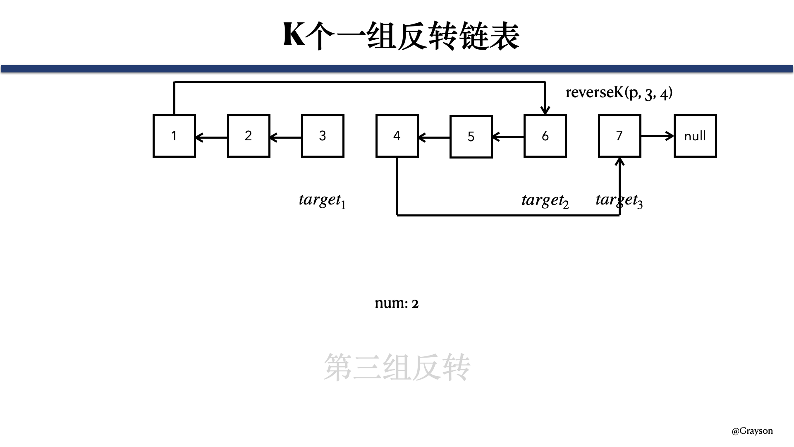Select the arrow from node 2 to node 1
(x=211, y=137)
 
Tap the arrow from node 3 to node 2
(x=285, y=137)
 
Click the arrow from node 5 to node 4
(x=434, y=137)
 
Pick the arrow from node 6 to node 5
(x=508, y=137)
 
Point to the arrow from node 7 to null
(x=658, y=135)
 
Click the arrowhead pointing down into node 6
(x=545, y=110)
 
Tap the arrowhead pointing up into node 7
(x=619, y=162)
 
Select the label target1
(x=322, y=201)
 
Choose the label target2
(x=545, y=201)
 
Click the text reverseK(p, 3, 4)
(x=619, y=92)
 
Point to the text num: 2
(x=397, y=303)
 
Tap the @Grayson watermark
(x=752, y=431)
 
